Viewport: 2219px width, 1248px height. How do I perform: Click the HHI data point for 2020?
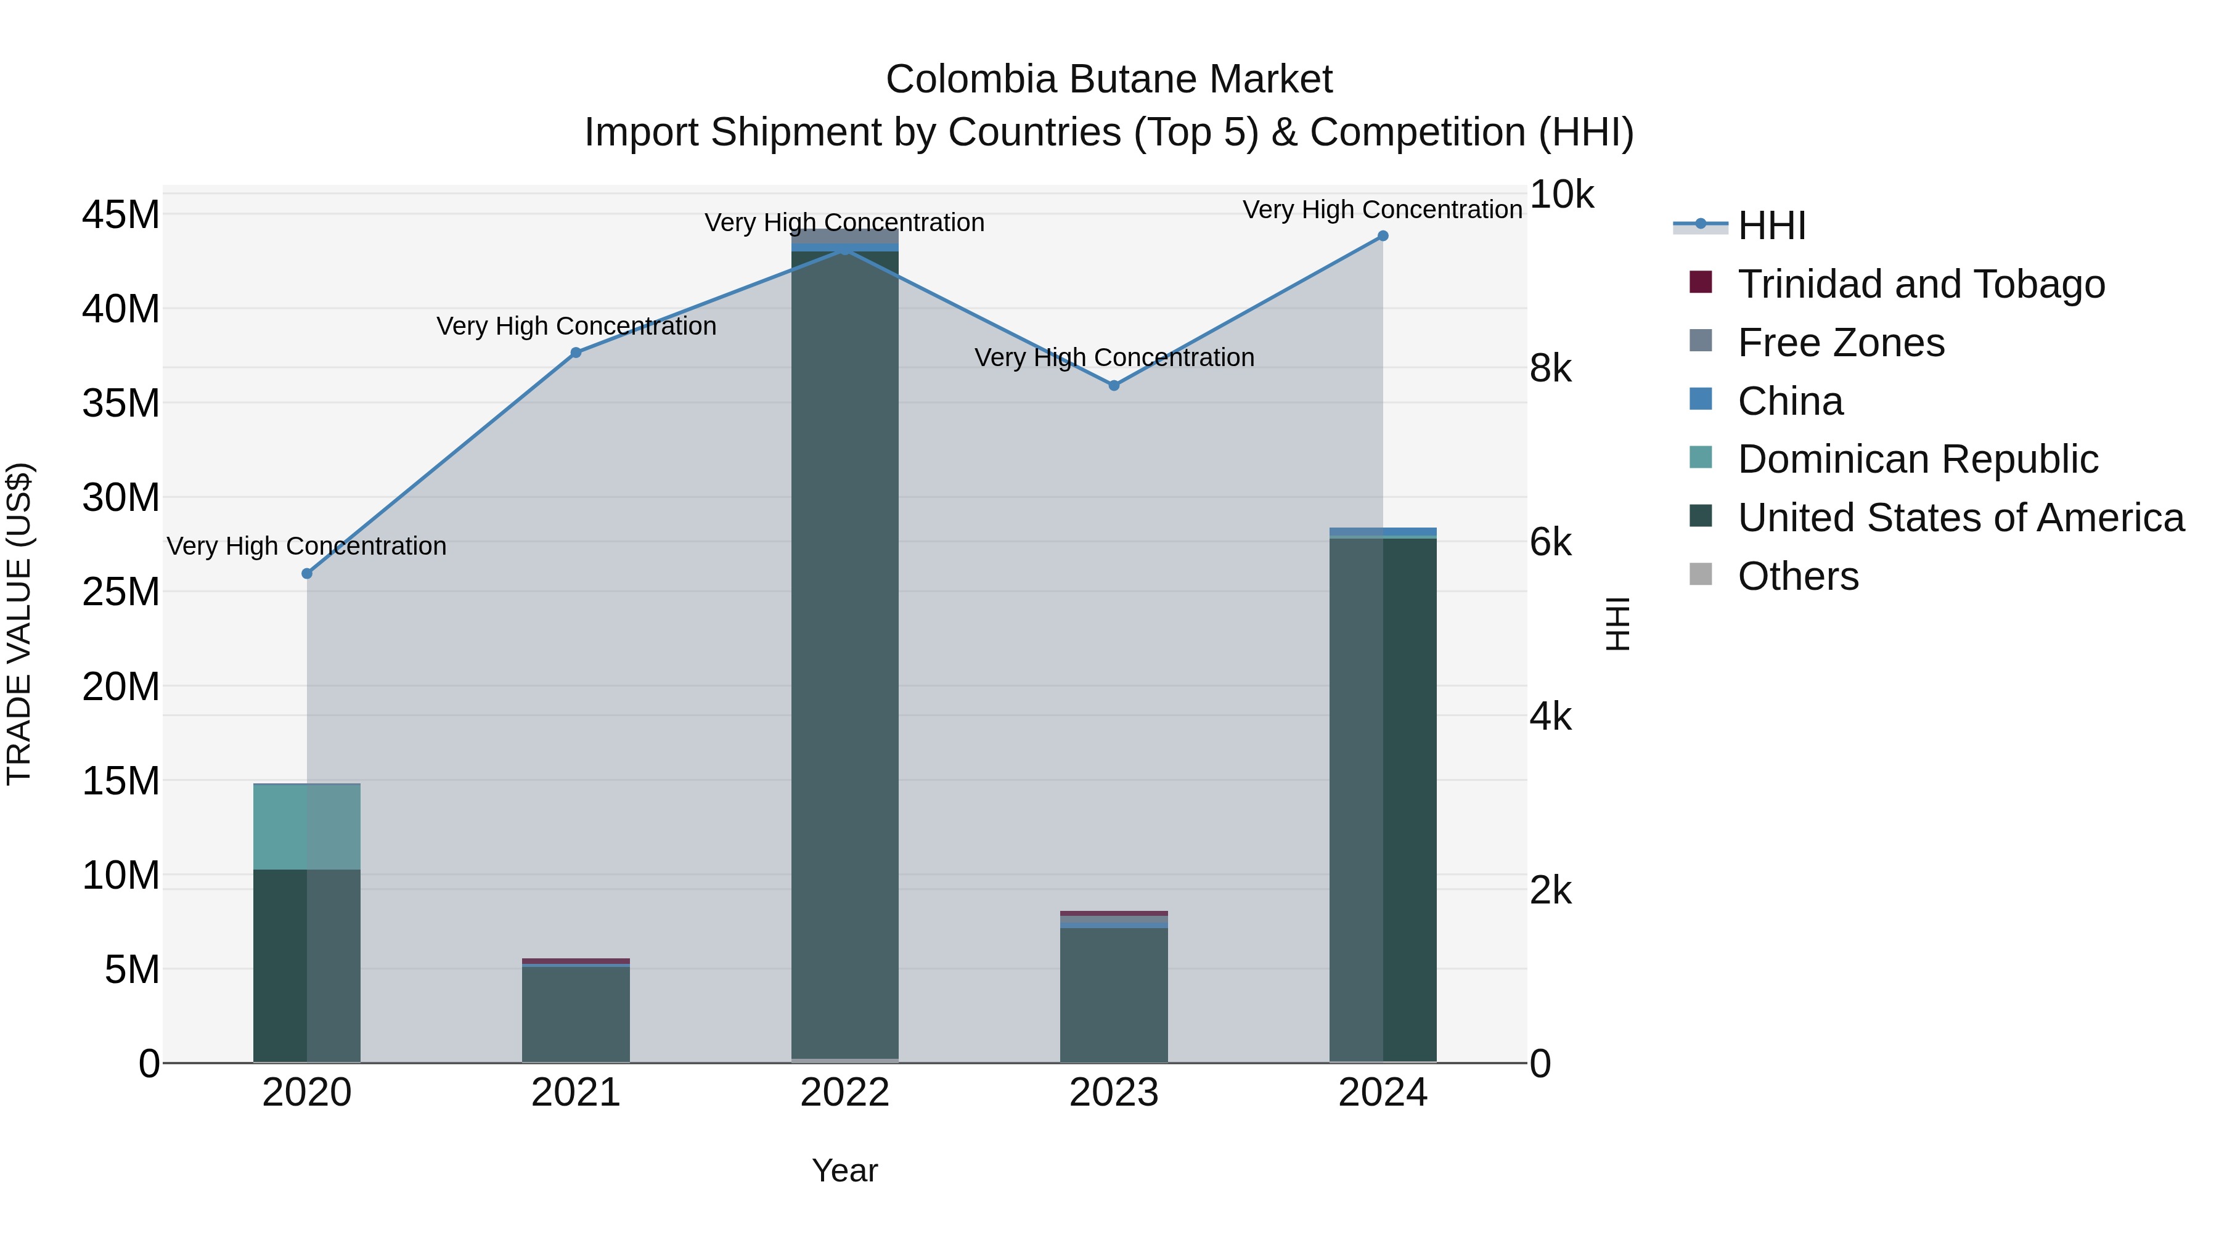307,574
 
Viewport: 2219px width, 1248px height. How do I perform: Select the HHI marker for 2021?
576,353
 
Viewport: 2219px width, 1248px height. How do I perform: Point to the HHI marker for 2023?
1114,385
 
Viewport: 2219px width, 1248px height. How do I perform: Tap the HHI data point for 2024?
1383,236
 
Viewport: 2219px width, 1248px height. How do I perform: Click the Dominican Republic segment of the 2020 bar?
307,827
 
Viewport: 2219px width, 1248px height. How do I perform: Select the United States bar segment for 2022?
844,655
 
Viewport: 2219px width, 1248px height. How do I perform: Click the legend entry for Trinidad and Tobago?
1920,284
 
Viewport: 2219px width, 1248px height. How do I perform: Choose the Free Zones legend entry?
1840,343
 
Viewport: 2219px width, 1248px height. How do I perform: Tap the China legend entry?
1790,401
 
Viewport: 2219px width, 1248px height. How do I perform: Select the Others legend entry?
1798,576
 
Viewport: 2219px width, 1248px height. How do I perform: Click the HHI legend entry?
1771,226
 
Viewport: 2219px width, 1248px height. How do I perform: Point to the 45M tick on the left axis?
121,214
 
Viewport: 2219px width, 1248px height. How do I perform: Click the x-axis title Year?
844,1170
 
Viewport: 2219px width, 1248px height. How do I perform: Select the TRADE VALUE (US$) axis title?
19,624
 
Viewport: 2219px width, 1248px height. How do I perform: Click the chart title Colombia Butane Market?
1109,80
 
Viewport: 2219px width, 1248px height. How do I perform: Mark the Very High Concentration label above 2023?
1114,357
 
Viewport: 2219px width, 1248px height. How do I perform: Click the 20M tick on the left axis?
121,687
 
